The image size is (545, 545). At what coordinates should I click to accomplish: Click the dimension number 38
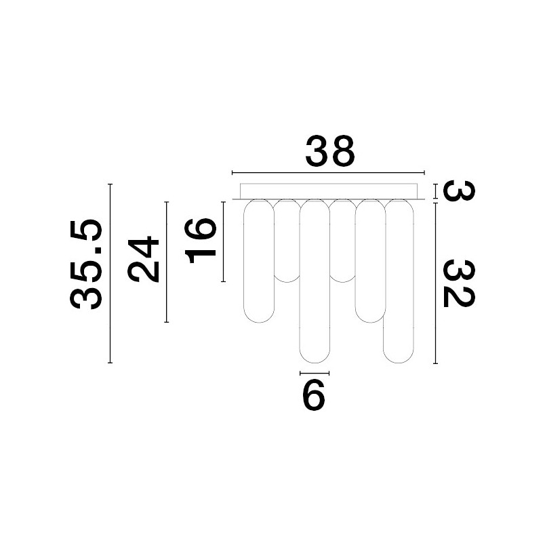(x=330, y=151)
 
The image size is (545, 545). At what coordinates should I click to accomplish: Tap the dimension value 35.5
(x=86, y=264)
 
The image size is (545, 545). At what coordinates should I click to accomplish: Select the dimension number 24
(x=143, y=259)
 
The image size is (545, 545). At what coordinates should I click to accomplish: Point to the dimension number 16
(x=201, y=241)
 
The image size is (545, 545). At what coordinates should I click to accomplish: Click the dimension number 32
(x=459, y=283)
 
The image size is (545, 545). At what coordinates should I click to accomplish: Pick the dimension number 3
(x=459, y=190)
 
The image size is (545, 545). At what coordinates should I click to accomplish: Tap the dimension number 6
(x=314, y=395)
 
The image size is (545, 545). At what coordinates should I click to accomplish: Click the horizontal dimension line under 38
(x=328, y=172)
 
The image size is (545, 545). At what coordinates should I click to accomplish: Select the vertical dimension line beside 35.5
(x=110, y=273)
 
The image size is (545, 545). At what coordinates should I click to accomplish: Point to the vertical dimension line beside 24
(x=167, y=262)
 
